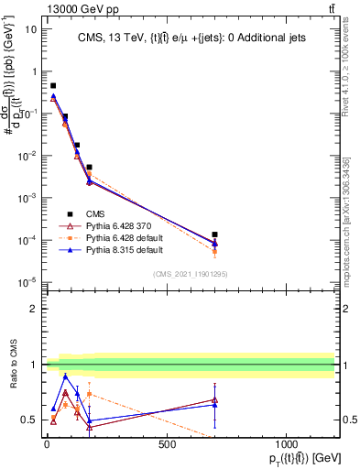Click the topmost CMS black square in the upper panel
pos(53,85)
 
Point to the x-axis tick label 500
pos(167,445)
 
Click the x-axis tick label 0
pos(47,445)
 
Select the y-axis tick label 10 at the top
pos(29,29)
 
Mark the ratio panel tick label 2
pos(33,309)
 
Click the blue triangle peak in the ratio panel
pos(65,376)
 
